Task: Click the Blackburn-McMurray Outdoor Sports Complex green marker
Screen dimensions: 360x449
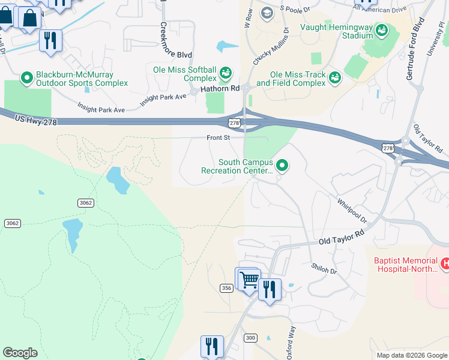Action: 26,77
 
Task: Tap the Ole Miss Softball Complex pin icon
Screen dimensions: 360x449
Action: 226,73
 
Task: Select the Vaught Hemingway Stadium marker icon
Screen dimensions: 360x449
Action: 381,30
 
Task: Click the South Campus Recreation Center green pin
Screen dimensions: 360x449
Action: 282,164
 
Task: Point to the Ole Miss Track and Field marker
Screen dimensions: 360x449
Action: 334,77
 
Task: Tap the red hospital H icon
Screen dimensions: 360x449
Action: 445,263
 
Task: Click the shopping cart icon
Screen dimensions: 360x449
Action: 249,280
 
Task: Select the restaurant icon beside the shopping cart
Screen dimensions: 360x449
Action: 270,290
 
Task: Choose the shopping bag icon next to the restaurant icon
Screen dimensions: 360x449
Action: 29,19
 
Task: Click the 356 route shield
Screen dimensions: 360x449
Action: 226,289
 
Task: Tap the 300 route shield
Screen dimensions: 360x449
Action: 250,338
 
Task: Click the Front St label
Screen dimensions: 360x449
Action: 218,138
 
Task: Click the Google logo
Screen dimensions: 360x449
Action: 20,352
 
